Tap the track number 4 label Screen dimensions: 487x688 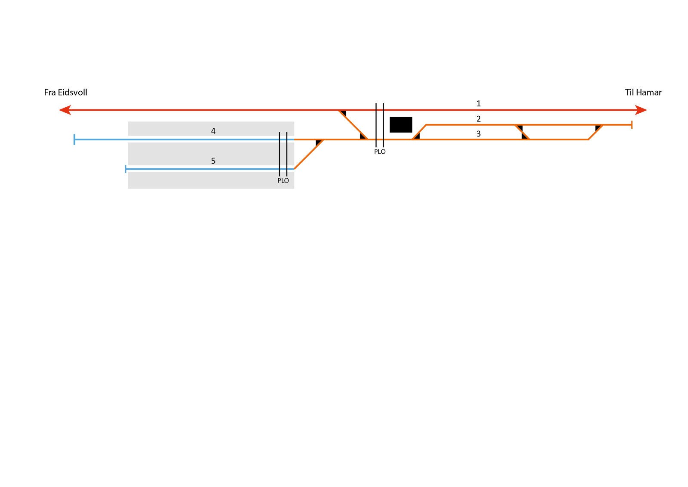tap(213, 131)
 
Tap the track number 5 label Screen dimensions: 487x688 tap(213, 161)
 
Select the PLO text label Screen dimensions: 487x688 tap(283, 181)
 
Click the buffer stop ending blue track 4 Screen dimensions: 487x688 tap(74, 140)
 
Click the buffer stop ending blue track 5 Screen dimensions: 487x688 tap(126, 169)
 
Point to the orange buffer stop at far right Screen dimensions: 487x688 tap(632, 125)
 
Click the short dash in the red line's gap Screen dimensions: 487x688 tap(380, 110)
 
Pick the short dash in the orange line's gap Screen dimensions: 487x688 tap(380, 140)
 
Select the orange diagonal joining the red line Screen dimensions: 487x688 tap(353, 125)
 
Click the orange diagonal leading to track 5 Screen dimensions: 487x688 tap(309, 154)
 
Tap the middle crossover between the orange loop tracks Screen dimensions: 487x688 tap(522, 132)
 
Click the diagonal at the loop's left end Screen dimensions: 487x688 tap(419, 132)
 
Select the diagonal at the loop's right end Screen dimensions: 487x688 tap(596, 132)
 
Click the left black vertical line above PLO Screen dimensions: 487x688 tap(279, 153)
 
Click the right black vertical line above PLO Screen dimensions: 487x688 tap(287, 153)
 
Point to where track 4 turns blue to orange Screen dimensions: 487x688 tap(295, 140)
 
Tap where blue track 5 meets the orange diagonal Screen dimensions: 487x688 tap(295, 168)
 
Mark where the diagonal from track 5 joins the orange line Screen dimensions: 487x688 tap(324, 140)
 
